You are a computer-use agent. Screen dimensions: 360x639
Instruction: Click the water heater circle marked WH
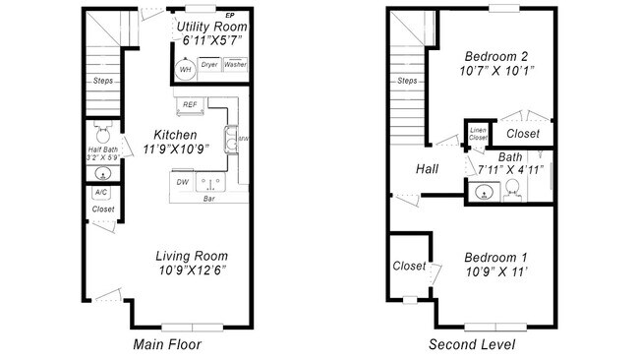tap(184, 69)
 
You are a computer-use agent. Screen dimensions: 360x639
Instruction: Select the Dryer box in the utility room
tap(209, 65)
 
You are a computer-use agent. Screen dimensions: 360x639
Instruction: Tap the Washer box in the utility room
tap(236, 65)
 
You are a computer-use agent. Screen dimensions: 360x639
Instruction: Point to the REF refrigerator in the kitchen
tap(190, 103)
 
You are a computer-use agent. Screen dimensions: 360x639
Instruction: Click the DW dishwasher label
tap(182, 182)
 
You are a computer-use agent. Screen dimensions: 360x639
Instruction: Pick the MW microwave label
tap(243, 140)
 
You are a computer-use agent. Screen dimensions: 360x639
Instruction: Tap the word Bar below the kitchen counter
tap(209, 199)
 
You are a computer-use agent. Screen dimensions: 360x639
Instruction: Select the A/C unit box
tap(101, 192)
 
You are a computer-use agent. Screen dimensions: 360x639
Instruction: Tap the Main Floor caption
tap(169, 344)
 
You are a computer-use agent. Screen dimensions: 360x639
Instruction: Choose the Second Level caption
tap(470, 344)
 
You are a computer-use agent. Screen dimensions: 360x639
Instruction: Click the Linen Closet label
tap(478, 134)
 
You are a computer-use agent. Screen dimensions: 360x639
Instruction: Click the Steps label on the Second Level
tap(407, 81)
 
